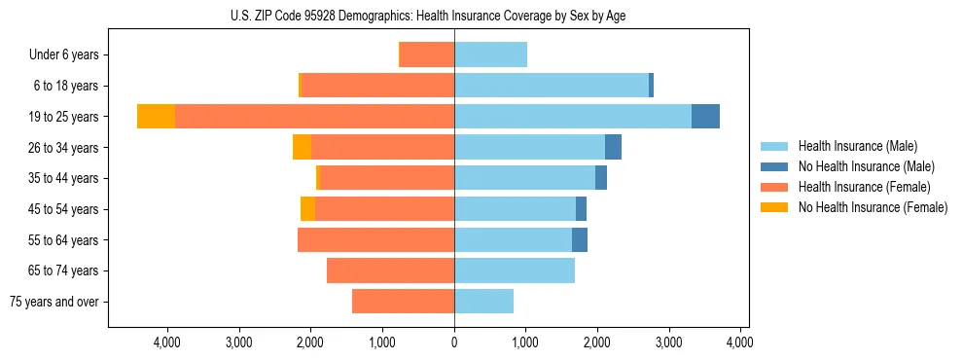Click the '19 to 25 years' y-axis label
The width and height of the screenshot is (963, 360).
(x=63, y=117)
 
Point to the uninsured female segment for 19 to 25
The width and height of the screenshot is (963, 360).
(x=156, y=117)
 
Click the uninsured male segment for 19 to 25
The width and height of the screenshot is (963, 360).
(x=705, y=117)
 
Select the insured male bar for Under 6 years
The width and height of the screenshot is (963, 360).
(x=490, y=54)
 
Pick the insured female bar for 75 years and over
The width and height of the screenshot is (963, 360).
(x=403, y=302)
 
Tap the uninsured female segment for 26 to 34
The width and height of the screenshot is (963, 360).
(x=302, y=147)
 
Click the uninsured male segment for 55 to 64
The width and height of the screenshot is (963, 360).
(x=580, y=240)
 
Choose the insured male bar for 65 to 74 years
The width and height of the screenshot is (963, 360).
(x=515, y=270)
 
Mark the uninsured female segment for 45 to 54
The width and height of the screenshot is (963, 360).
(x=307, y=209)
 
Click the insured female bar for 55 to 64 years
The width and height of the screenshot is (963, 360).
(x=375, y=240)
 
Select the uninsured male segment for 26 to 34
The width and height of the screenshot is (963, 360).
(x=613, y=147)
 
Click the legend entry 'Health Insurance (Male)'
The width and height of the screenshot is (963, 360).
(x=857, y=146)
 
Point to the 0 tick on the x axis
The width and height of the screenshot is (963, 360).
(x=454, y=342)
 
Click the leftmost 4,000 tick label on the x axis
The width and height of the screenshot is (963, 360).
(x=167, y=342)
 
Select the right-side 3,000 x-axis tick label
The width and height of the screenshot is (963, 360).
(x=669, y=342)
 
